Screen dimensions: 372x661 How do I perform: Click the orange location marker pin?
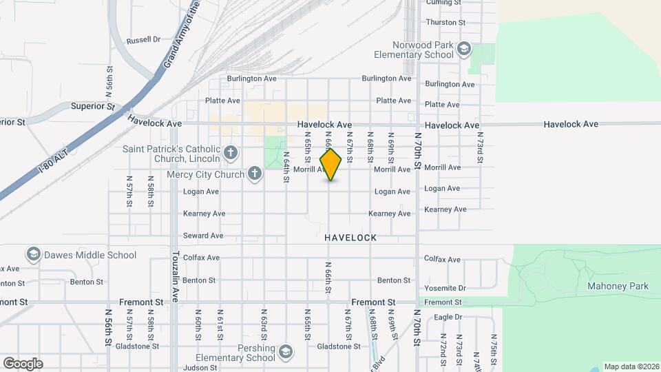pos(331,165)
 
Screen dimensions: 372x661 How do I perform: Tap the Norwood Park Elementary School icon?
pos(465,48)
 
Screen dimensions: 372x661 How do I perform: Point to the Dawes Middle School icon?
pos(32,255)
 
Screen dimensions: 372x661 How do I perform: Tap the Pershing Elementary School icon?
pos(284,353)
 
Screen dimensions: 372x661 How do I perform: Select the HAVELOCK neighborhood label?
pos(350,237)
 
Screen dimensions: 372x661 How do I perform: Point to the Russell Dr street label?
pos(143,39)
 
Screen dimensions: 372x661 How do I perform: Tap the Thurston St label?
pos(441,22)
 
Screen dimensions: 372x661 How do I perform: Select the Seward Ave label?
pos(203,236)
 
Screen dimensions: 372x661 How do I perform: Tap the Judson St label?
pos(200,367)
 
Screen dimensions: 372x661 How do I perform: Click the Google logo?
pos(22,363)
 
